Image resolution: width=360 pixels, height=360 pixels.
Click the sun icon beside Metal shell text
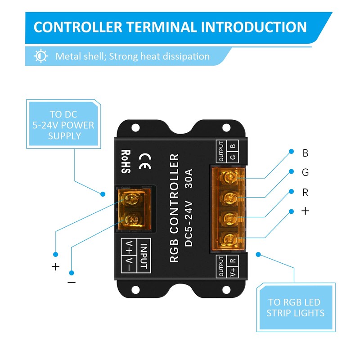coord(41,56)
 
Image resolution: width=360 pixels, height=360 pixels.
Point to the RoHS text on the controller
coord(125,162)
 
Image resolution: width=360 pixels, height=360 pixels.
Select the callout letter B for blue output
coord(306,153)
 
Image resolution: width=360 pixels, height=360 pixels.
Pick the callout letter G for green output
coord(306,172)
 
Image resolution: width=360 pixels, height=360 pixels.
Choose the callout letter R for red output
coord(306,192)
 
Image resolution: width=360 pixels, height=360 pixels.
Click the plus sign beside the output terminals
coord(306,211)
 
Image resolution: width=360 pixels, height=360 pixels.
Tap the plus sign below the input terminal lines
coord(55,266)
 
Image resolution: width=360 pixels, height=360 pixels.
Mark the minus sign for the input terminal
coord(72,282)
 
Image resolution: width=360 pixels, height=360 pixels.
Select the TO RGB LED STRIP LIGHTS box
coord(296,307)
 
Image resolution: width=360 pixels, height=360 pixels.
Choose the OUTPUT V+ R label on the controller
coord(227,267)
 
